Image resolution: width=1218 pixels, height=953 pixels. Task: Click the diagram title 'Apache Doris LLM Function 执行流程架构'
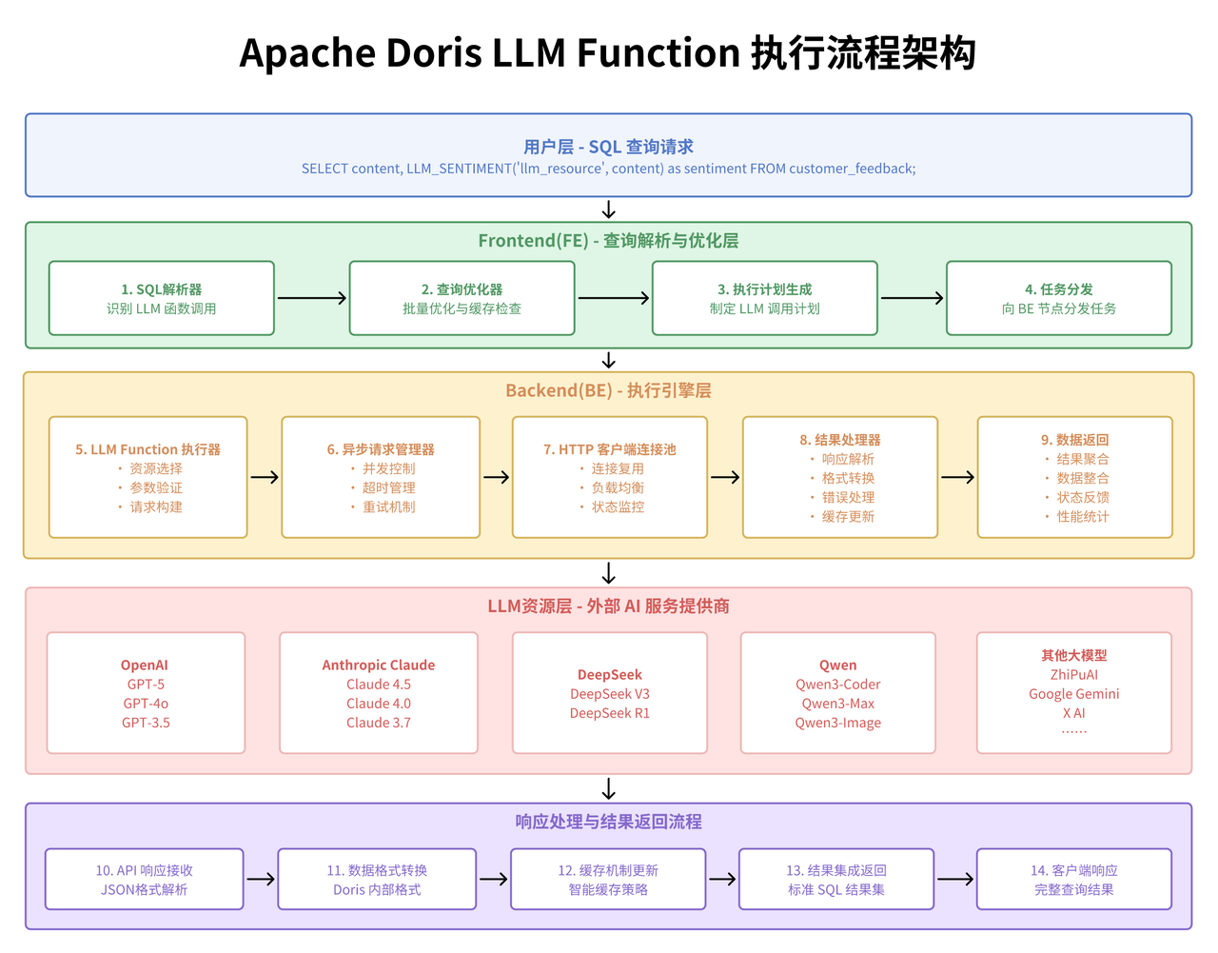tap(608, 53)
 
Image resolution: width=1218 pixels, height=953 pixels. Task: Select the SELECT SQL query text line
tap(608, 169)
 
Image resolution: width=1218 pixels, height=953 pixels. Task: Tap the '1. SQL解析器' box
tap(162, 298)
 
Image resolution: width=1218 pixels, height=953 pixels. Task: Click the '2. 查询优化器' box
tap(462, 298)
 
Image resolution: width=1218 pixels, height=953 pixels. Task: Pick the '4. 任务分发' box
tap(1058, 298)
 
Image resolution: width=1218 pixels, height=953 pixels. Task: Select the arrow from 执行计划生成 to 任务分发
tap(912, 298)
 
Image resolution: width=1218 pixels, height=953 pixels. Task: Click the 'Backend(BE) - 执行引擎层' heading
tap(608, 390)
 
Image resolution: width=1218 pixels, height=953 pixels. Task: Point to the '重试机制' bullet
tap(388, 506)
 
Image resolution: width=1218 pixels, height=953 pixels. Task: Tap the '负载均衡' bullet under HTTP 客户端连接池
tap(618, 487)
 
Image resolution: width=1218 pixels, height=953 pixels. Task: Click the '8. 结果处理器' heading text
tap(840, 440)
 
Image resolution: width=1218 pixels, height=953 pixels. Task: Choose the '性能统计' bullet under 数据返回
tap(1083, 516)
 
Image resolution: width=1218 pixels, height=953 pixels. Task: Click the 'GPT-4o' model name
tap(146, 704)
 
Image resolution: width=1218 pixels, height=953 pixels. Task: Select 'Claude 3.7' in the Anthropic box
tap(379, 723)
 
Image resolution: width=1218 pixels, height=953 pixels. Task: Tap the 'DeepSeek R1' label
tap(610, 713)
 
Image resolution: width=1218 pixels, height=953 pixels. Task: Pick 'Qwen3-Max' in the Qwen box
tap(838, 704)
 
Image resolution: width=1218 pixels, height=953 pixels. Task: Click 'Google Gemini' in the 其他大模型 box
tap(1073, 694)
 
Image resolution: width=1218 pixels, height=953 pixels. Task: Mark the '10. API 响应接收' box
tap(145, 879)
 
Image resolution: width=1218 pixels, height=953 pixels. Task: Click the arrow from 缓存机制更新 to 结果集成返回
tap(722, 879)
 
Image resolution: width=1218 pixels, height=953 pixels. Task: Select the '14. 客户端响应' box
tap(1073, 879)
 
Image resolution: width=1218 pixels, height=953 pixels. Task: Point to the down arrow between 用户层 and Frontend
tap(609, 209)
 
